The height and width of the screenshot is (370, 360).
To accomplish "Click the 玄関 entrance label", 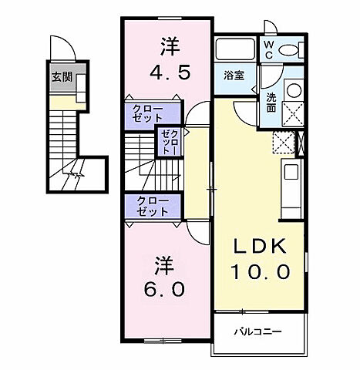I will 61,78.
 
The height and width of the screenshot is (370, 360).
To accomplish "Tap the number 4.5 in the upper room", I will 167,78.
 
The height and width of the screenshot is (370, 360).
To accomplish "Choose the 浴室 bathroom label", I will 234,76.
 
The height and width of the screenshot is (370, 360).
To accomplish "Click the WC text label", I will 268,50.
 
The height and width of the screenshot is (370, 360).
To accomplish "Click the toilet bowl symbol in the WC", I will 291,51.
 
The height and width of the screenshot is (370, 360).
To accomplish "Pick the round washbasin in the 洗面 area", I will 294,89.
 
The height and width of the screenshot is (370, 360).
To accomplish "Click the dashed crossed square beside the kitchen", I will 283,143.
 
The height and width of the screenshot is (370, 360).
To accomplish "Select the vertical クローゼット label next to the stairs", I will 169,143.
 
